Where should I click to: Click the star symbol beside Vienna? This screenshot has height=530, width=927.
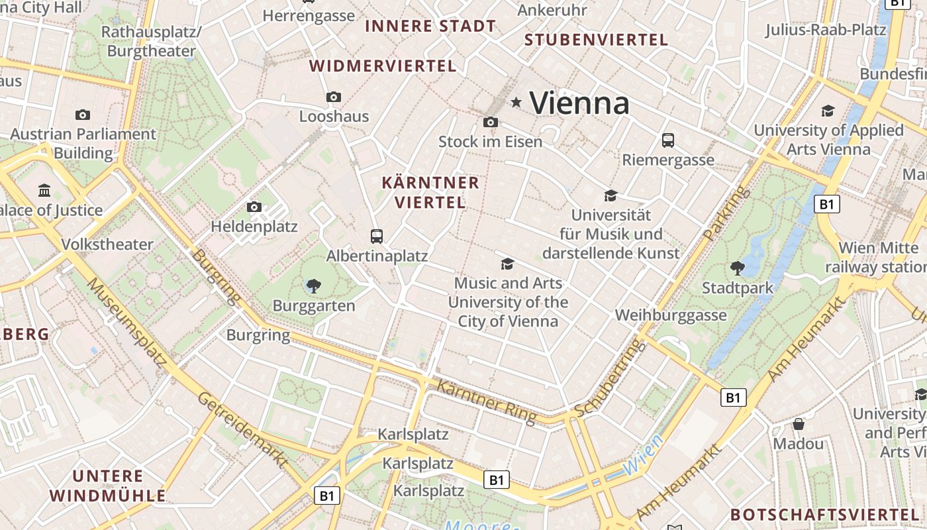tap(516, 103)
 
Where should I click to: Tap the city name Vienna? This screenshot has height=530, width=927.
tap(579, 103)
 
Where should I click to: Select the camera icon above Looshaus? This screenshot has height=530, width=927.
tap(334, 97)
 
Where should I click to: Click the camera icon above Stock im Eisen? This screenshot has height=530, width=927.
tap(491, 122)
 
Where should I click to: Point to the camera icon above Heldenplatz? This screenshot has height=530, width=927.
tap(254, 207)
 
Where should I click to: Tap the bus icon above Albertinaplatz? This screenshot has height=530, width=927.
tap(377, 236)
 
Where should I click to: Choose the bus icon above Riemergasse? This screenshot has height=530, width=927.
tap(668, 140)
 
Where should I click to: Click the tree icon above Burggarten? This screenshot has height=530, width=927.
tap(314, 286)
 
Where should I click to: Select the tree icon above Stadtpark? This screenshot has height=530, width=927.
tap(737, 268)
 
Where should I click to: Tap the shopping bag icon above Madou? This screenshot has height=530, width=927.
tap(799, 424)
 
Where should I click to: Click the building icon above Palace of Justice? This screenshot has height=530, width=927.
tap(44, 191)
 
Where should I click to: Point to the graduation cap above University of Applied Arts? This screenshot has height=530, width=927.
tap(828, 111)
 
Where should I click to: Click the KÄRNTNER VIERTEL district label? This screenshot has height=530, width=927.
tap(430, 192)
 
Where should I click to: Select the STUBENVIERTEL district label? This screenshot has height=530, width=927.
tap(597, 40)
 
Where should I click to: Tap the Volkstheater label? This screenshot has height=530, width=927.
tap(107, 244)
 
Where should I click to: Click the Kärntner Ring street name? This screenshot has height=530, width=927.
tap(486, 400)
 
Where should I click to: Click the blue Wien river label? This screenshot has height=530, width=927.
tap(642, 456)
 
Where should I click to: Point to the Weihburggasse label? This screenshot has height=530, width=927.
tap(671, 315)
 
